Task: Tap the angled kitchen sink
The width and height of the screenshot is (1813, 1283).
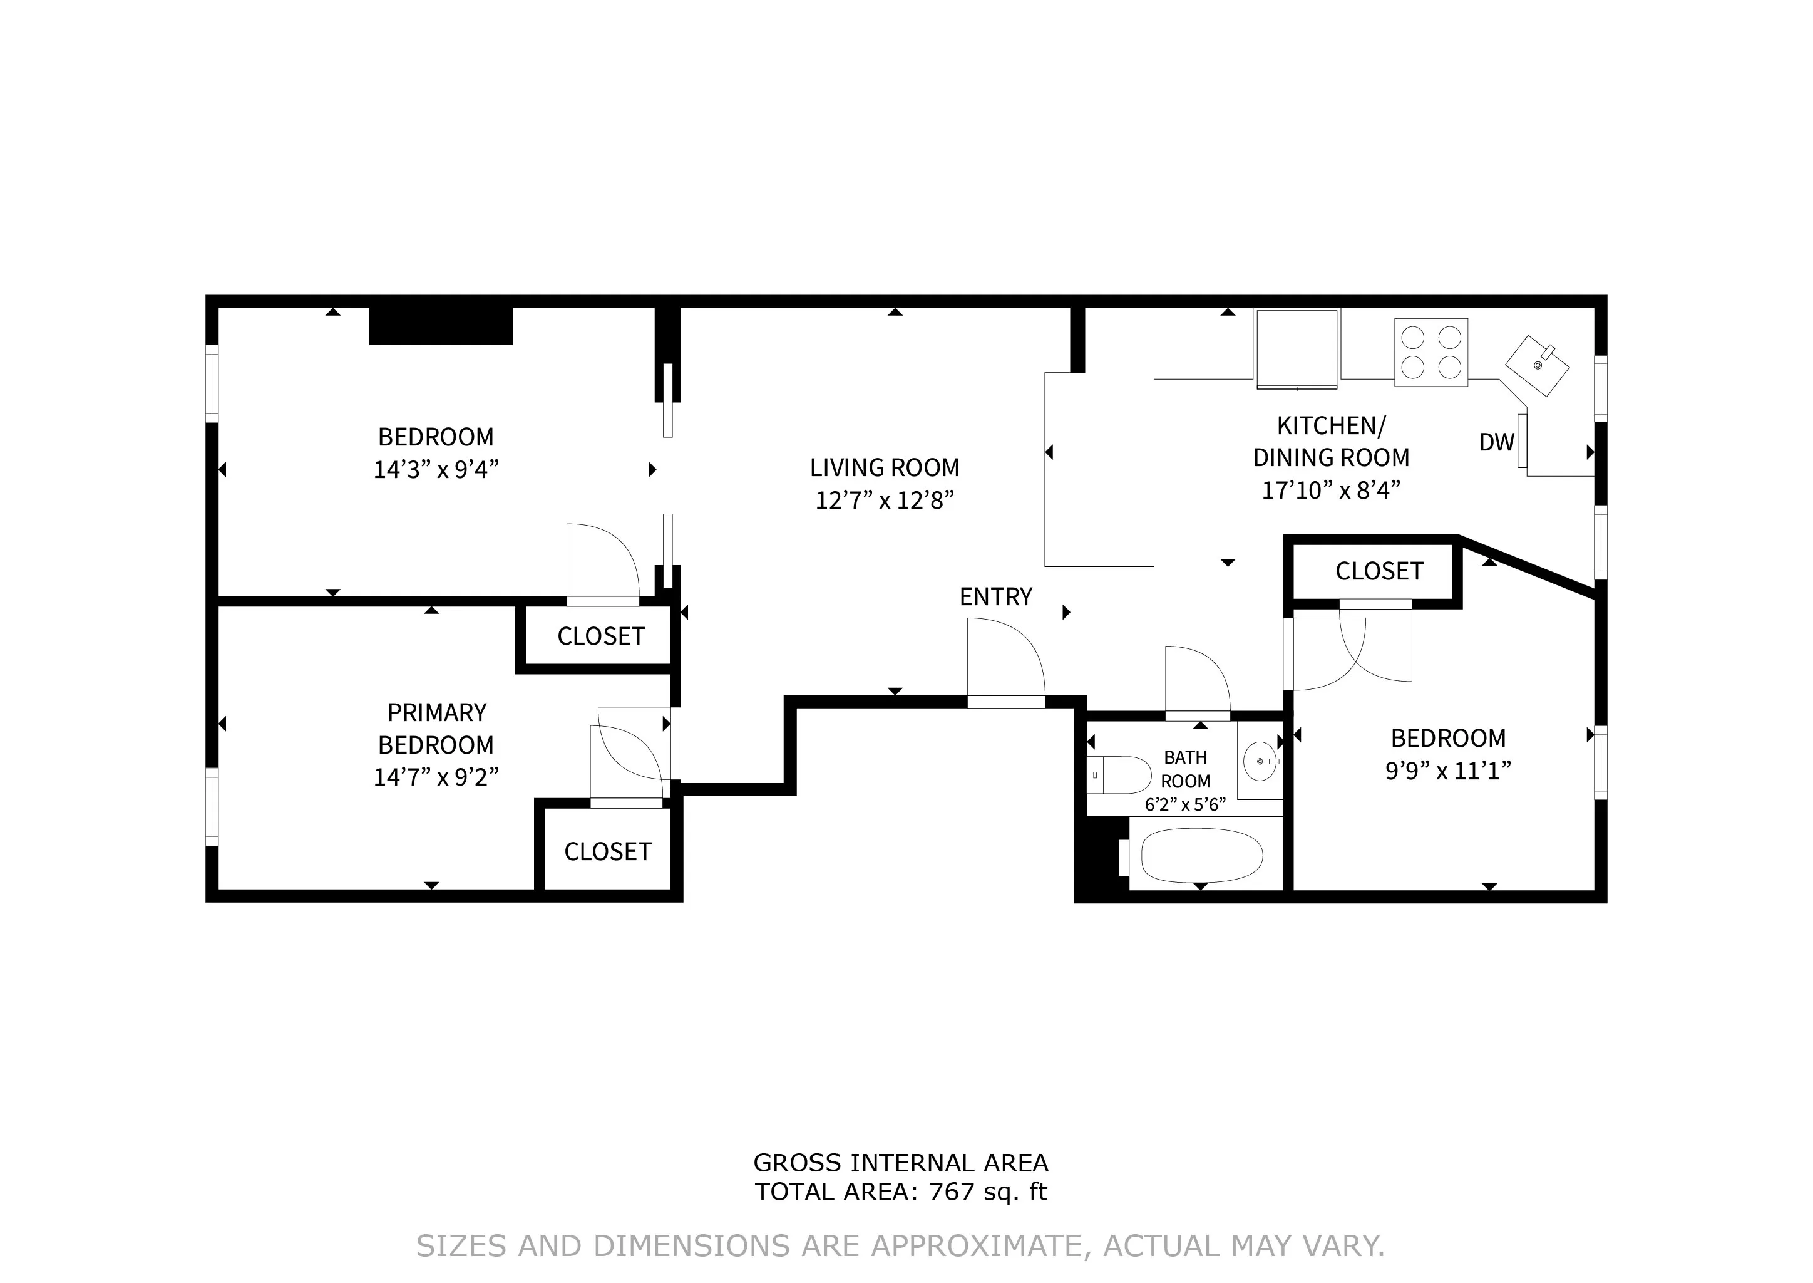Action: click(x=1537, y=365)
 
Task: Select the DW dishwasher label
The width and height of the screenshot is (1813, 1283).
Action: click(x=1496, y=442)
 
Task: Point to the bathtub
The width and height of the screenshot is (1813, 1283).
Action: click(x=1202, y=856)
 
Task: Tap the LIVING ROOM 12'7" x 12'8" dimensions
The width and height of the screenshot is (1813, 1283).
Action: click(x=885, y=500)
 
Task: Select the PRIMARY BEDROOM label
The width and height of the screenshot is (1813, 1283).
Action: click(x=436, y=729)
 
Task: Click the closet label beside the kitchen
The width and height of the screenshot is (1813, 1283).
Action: click(x=1379, y=571)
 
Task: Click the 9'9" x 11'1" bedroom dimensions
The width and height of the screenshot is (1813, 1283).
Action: click(x=1447, y=771)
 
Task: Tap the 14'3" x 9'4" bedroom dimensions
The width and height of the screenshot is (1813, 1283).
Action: click(x=436, y=469)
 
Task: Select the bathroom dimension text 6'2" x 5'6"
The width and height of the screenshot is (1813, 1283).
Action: click(x=1184, y=804)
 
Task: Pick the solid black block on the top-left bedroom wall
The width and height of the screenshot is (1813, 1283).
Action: click(x=441, y=326)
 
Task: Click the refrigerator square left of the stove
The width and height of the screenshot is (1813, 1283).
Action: click(x=1297, y=348)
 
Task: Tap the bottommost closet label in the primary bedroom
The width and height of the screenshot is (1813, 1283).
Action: click(x=607, y=851)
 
